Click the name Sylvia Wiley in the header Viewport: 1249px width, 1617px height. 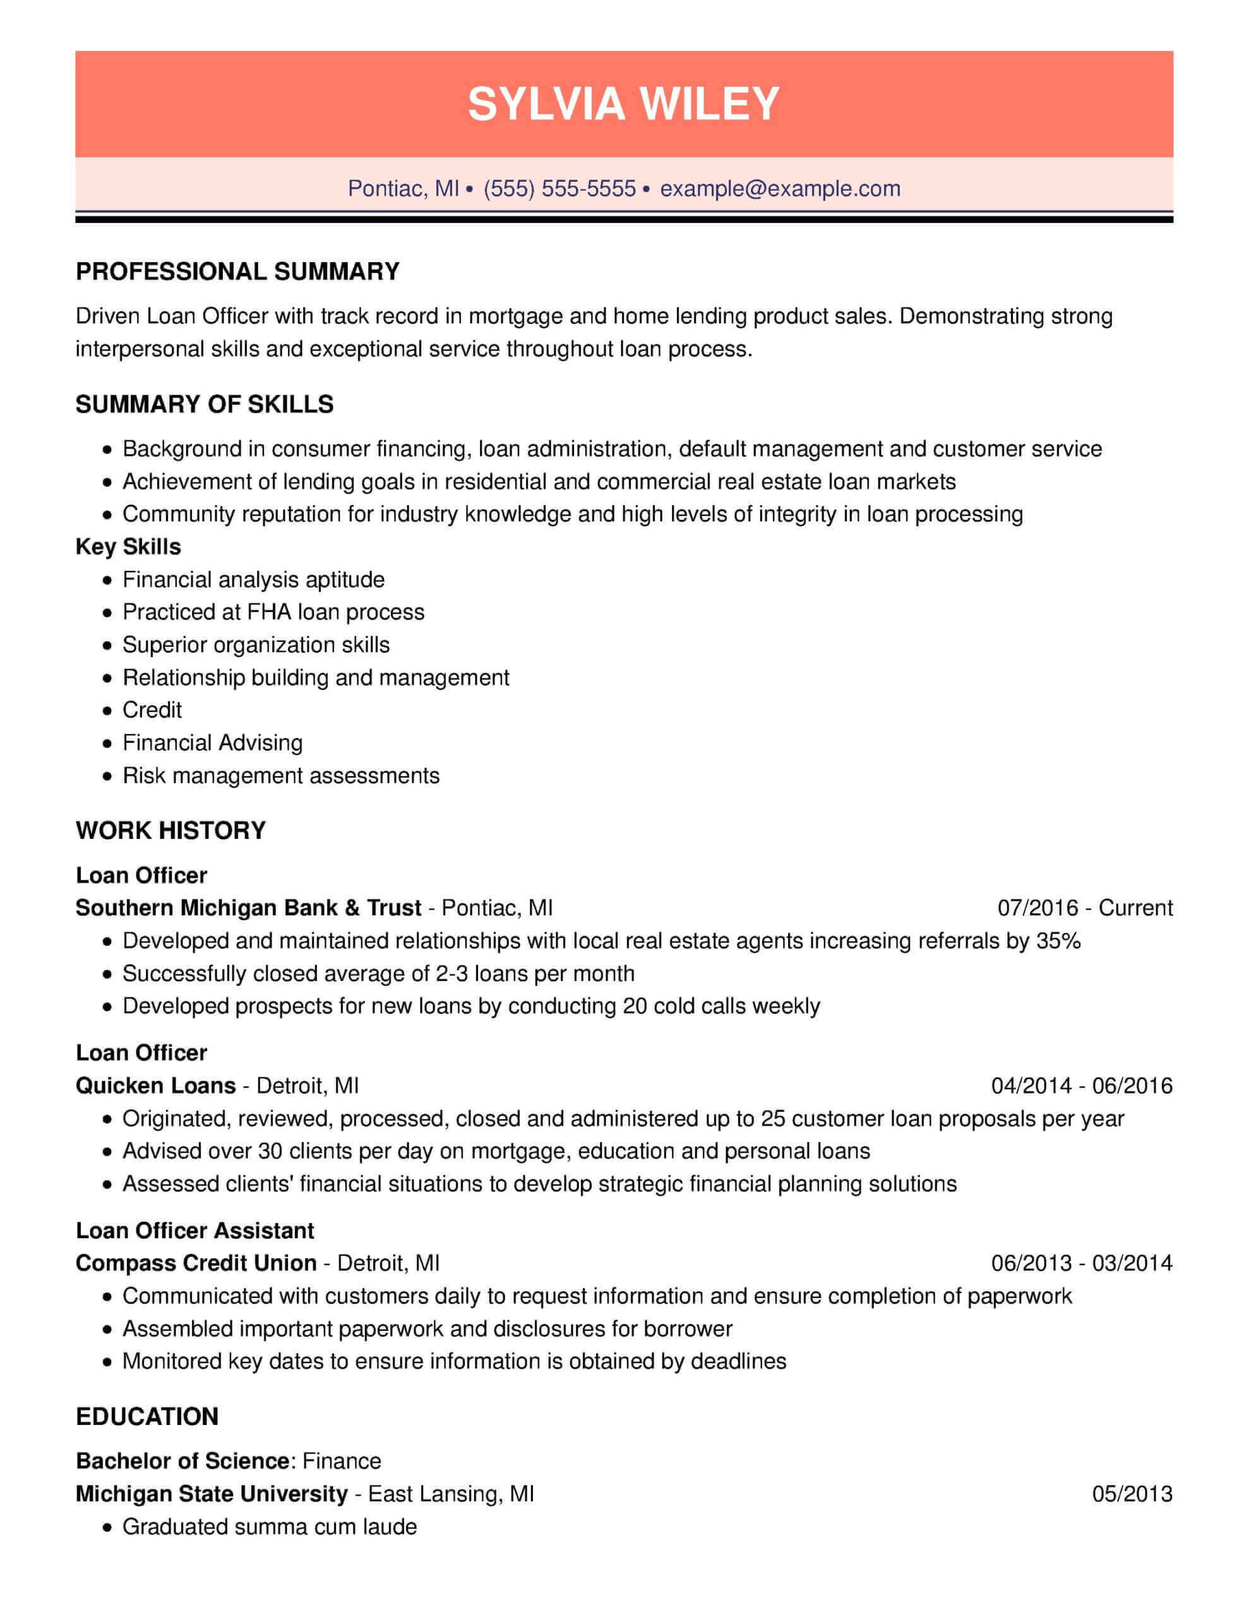point(623,104)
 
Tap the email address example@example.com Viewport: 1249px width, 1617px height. point(780,189)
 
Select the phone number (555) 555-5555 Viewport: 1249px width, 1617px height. point(559,189)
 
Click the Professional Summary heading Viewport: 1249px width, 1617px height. point(237,272)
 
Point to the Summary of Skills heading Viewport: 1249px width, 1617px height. point(205,404)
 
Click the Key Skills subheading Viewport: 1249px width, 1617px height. point(128,546)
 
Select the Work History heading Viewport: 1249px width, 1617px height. point(170,830)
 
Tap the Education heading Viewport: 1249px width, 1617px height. point(146,1416)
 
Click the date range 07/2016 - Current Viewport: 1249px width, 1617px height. point(1085,908)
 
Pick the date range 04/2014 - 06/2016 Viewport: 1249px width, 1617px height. point(1082,1085)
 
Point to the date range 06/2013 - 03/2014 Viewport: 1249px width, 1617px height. point(1082,1263)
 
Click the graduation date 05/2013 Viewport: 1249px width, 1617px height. point(1132,1493)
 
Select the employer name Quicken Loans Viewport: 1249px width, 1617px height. point(155,1085)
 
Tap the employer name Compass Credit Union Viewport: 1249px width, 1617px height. point(196,1263)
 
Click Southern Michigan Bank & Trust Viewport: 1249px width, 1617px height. point(248,908)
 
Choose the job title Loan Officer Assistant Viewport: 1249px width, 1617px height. point(194,1230)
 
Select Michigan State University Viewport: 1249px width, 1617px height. point(212,1493)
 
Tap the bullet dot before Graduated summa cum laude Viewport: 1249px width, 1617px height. point(108,1527)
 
